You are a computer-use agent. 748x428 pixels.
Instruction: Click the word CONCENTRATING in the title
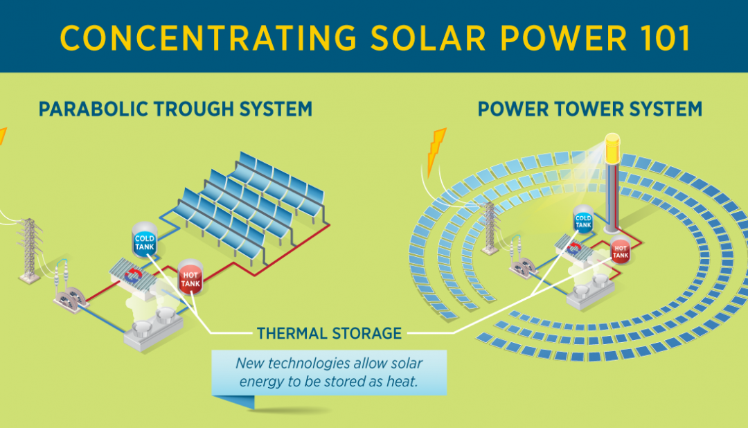207,37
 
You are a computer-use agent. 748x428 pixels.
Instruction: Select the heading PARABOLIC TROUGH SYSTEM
175,109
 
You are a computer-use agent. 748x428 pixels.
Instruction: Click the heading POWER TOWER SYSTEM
590,109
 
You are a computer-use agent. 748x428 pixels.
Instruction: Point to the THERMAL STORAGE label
329,333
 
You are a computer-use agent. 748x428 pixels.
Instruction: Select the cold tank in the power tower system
583,221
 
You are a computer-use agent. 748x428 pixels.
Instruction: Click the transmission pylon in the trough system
30,249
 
